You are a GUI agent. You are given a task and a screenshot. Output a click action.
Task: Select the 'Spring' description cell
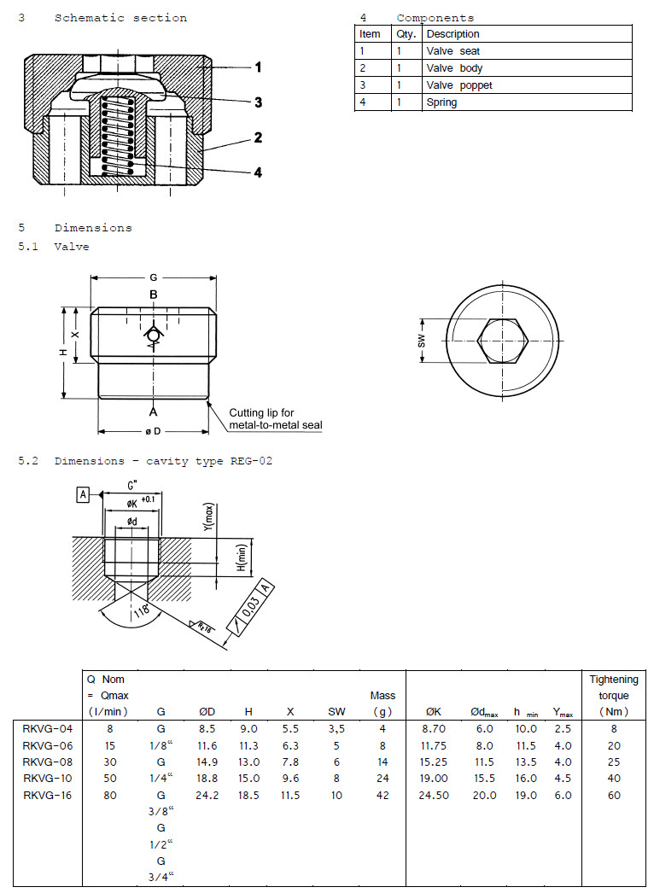[x=441, y=102]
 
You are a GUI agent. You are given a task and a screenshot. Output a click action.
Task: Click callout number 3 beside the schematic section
[x=258, y=102]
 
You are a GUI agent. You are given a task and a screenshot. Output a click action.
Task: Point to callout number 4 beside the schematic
[x=258, y=172]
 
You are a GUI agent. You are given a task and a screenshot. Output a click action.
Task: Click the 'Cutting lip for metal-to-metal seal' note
[x=275, y=418]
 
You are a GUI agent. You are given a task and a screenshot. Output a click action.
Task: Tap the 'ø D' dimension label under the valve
[x=154, y=431]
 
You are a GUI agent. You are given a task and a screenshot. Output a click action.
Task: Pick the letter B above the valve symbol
[x=154, y=295]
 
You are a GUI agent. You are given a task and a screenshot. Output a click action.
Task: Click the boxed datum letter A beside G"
[x=84, y=494]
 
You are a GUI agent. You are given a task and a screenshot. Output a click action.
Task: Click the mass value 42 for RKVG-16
[x=382, y=795]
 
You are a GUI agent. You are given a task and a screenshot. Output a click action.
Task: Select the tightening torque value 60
[x=613, y=795]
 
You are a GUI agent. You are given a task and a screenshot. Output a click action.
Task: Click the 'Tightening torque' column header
[x=613, y=695]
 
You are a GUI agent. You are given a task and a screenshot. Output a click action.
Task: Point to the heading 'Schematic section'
[x=120, y=18]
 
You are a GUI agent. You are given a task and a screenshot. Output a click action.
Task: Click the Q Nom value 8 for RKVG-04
[x=109, y=728]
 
